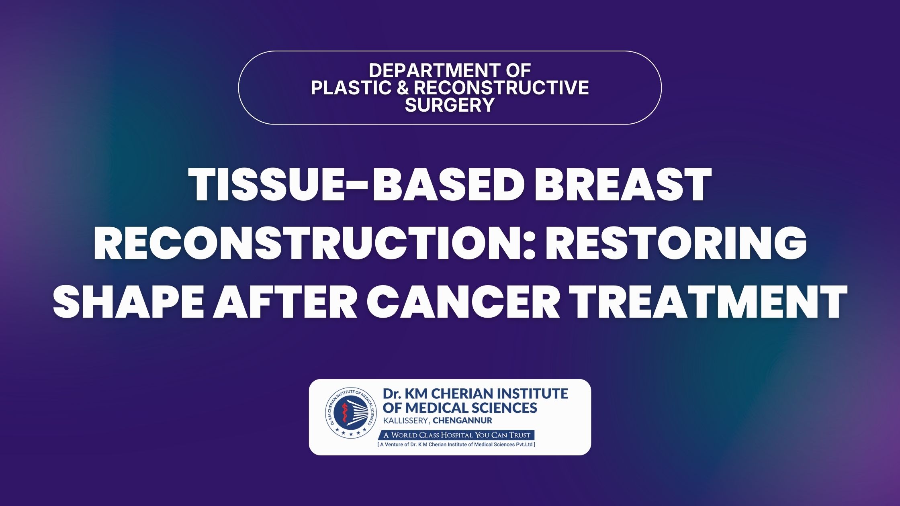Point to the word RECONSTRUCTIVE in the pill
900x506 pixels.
501,88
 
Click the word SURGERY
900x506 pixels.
450,105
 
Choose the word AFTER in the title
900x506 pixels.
284,300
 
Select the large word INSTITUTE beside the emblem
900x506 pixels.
533,393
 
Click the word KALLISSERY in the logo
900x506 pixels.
406,421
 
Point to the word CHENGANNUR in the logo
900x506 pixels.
462,421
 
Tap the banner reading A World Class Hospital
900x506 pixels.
457,435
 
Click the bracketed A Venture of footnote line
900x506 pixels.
456,445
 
